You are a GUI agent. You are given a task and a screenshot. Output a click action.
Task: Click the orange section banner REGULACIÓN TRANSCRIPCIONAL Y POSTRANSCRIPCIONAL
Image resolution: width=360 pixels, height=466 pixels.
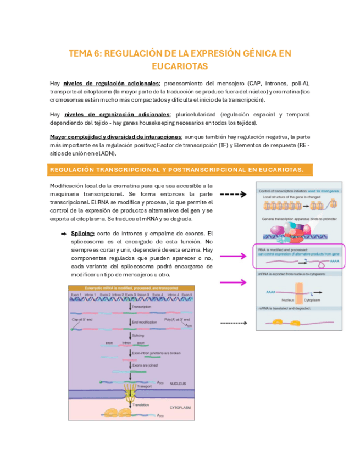pos(180,169)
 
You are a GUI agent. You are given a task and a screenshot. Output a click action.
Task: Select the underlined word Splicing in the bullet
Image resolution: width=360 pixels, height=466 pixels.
pos(82,234)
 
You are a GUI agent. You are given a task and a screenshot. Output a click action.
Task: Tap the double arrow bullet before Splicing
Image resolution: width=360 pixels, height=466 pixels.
pos(64,234)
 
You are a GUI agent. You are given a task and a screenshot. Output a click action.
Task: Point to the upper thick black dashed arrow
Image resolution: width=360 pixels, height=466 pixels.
pos(232,194)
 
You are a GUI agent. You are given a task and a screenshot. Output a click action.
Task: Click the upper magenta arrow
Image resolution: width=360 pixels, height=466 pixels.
pos(232,255)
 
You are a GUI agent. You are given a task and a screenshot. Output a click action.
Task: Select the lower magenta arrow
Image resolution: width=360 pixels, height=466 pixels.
pos(232,282)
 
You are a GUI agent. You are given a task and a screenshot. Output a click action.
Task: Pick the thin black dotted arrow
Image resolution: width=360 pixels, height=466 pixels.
pos(232,323)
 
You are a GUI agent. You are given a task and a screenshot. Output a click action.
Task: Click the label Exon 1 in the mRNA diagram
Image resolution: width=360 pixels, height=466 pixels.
pos(76,295)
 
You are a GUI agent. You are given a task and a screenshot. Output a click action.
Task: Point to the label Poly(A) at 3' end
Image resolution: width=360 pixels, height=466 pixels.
pos(176,319)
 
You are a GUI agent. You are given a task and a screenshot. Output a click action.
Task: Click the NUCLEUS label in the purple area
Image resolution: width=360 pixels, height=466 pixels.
pos(178,383)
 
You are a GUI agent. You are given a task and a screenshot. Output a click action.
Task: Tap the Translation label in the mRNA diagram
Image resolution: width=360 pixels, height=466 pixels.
pos(141,404)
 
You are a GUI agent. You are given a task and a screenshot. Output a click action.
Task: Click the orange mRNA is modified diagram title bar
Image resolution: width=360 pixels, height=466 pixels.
pos(131,288)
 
